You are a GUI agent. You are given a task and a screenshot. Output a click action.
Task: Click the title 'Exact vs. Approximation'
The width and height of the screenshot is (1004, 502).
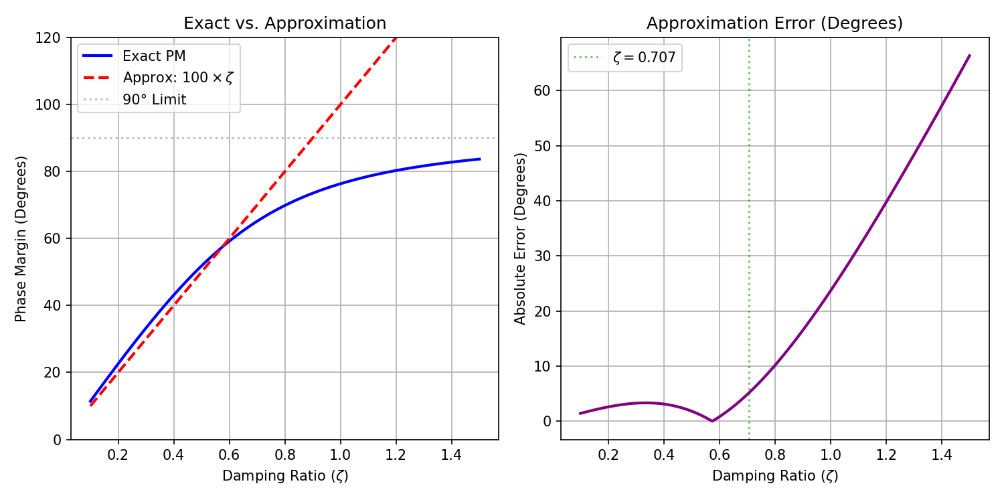(x=284, y=23)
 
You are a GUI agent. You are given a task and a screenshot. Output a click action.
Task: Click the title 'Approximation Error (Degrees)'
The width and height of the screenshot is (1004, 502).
(x=774, y=23)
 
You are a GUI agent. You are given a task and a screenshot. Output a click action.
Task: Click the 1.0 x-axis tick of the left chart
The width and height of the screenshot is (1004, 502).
(x=340, y=455)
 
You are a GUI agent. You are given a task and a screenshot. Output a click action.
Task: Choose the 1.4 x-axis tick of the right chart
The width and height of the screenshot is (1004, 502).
(x=942, y=455)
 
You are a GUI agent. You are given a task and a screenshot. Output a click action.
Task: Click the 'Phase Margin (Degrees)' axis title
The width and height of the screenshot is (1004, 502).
(x=21, y=239)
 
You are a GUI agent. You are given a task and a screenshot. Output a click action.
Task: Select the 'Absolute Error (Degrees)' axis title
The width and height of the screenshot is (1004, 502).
(x=519, y=239)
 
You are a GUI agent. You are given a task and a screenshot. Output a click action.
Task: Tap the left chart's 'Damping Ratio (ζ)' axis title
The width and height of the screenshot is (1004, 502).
(x=285, y=475)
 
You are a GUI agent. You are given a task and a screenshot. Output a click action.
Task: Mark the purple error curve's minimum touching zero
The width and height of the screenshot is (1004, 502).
(x=712, y=421)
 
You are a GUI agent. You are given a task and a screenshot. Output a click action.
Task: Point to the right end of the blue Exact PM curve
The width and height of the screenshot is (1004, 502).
(x=480, y=159)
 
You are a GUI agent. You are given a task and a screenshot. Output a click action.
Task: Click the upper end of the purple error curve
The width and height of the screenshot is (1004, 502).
(x=970, y=55)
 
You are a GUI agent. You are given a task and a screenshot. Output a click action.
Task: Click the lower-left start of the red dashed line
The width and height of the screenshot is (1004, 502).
(x=90, y=406)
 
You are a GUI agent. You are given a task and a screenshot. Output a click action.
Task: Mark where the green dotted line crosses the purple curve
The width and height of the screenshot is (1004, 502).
(x=749, y=393)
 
